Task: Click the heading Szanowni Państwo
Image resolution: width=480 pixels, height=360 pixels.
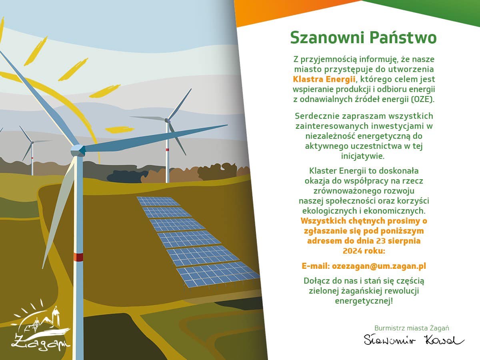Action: pos(364,38)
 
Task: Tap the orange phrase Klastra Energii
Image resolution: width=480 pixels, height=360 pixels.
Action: pos(324,79)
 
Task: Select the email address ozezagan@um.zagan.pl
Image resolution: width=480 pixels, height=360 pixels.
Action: pos(379,266)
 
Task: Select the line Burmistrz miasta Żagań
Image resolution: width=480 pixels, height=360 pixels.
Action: pos(412,328)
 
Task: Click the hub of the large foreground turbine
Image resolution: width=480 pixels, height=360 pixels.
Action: pos(78,150)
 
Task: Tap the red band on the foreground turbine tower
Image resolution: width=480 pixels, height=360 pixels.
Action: pos(78,257)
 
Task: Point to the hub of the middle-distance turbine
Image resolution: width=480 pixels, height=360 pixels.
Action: pos(167,120)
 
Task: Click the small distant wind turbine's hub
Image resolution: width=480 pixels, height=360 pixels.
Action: pos(32,142)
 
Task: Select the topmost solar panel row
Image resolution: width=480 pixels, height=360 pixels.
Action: pos(158,201)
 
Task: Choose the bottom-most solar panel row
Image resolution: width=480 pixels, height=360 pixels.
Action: pos(218,274)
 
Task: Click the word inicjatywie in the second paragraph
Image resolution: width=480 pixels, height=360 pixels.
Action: pos(363,156)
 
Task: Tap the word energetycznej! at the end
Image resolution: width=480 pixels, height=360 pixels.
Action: pos(364,301)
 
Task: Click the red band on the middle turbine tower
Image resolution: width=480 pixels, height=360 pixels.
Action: pos(167,150)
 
